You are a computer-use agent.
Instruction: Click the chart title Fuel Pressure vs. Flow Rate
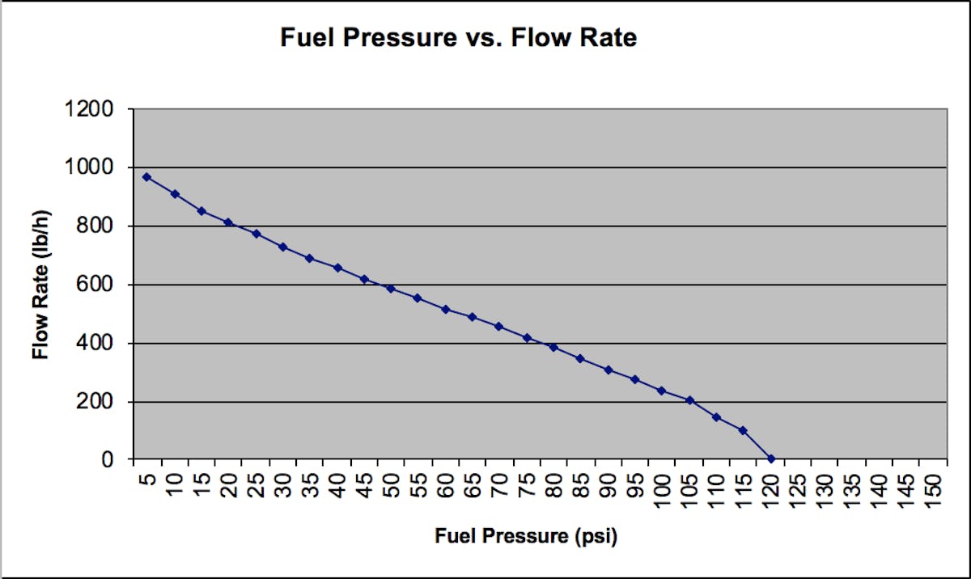[458, 38]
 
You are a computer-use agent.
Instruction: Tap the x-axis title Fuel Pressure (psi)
[532, 535]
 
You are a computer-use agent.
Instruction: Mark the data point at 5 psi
[147, 176]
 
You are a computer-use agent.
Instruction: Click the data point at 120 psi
[771, 459]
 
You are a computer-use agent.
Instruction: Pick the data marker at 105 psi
[690, 400]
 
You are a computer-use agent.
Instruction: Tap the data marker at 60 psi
[446, 309]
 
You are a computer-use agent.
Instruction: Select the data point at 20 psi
[228, 222]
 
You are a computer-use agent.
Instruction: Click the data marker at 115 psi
[744, 430]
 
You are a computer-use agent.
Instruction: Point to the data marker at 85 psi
[581, 358]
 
